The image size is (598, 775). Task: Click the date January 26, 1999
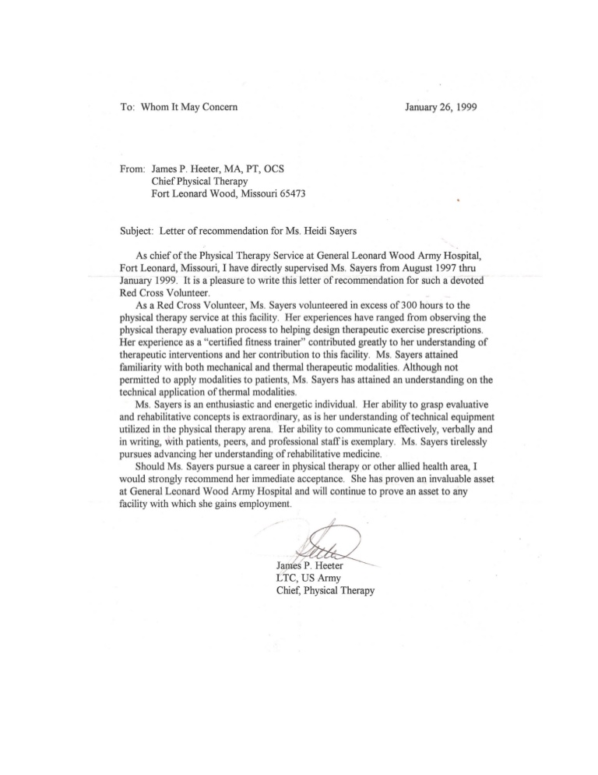[x=441, y=106]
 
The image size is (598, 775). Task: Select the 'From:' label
[x=115, y=168]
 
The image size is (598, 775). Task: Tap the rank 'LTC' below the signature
[x=290, y=578]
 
